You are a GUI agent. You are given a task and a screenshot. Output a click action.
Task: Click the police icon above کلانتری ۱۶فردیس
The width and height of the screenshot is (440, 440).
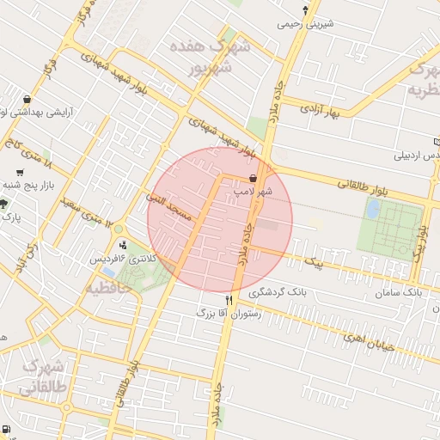coord(123,245)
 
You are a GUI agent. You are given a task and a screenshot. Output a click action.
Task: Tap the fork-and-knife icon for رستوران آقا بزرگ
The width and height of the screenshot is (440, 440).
coord(229,300)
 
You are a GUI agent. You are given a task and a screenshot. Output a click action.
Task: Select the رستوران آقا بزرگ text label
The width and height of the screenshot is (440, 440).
coord(203,313)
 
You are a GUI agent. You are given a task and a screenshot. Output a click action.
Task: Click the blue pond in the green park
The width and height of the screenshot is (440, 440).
coord(374,209)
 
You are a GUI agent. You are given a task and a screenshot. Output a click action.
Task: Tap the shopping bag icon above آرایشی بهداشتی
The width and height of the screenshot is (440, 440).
coord(28,99)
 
